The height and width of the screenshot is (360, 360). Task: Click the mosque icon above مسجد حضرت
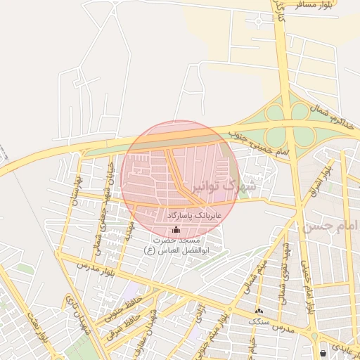(175, 229)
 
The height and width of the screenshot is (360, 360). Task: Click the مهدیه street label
(129, 228)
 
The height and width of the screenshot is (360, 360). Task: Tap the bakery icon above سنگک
(259, 310)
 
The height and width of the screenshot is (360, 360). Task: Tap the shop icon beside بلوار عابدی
(323, 352)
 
